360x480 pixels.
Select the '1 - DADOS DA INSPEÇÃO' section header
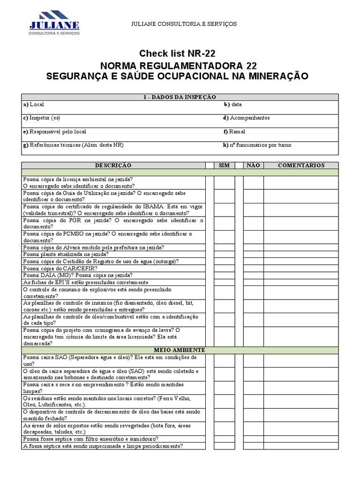(180, 97)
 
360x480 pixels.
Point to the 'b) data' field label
(232, 105)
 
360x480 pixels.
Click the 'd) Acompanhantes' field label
(246, 118)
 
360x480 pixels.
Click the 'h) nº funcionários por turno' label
(257, 145)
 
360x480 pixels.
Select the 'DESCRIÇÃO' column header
(113, 165)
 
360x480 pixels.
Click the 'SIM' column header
(224, 165)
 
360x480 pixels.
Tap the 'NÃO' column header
(253, 165)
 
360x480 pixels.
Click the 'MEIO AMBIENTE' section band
(180, 350)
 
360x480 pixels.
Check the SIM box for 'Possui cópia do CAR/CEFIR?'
(224, 269)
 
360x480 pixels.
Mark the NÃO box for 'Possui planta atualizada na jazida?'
(253, 255)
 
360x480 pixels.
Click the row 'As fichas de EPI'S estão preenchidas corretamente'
(86, 282)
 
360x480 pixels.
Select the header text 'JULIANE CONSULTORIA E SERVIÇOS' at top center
(180, 24)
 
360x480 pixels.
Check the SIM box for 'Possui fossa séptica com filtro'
(224, 439)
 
